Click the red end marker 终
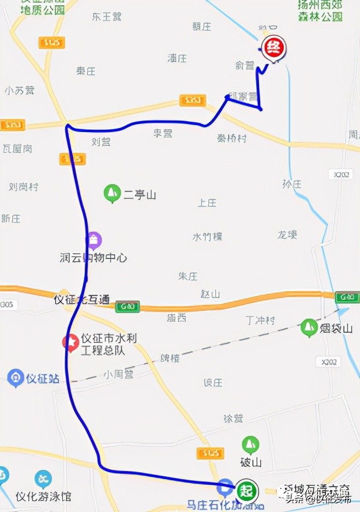(x=273, y=48)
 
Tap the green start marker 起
(x=247, y=491)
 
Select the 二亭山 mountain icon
(x=111, y=194)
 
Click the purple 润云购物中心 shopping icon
(x=93, y=239)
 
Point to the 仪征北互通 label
(x=81, y=300)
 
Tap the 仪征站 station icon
(x=16, y=378)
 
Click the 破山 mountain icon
(x=250, y=445)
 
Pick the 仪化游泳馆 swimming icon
(x=43, y=479)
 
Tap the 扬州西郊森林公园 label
(x=320, y=10)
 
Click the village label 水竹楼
(x=207, y=236)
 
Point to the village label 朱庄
(x=188, y=276)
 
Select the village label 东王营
(x=107, y=17)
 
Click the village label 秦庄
(x=85, y=71)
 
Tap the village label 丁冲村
(x=260, y=320)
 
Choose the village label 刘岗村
(x=24, y=187)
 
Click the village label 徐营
(x=232, y=419)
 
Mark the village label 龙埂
(x=287, y=235)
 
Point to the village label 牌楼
(x=170, y=358)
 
